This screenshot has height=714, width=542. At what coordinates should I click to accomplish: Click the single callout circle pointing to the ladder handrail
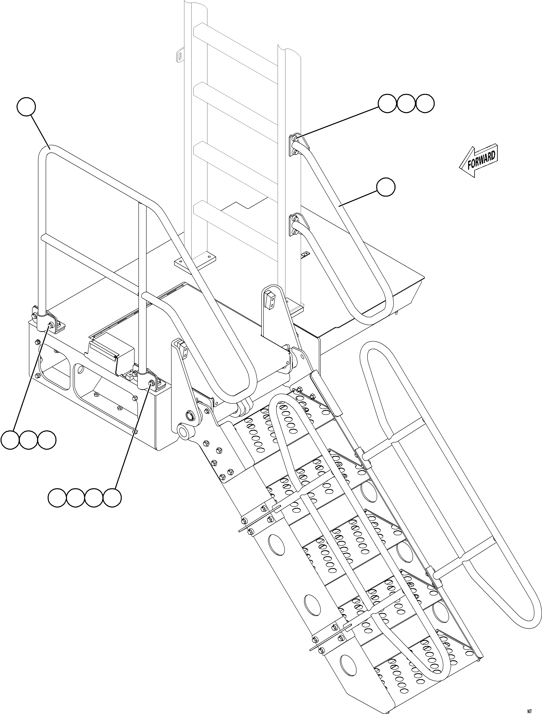(x=386, y=187)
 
